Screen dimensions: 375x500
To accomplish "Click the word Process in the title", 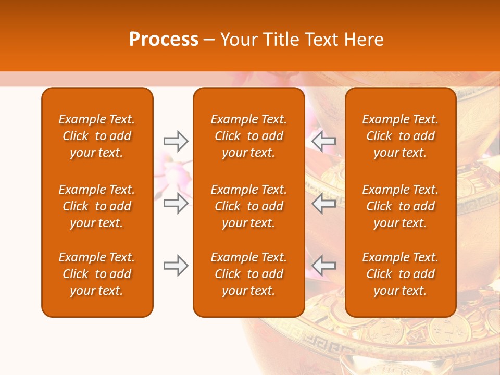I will tap(164, 40).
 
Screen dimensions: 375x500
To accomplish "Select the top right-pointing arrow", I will tap(176, 141).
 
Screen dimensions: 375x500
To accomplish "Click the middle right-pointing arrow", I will tap(176, 203).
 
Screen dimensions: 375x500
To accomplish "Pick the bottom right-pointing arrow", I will tap(176, 266).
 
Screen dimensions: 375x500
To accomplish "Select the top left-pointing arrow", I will tap(323, 141).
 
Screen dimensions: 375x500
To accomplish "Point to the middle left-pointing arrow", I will tap(323, 203).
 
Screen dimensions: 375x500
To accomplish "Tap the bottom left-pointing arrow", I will tap(323, 266).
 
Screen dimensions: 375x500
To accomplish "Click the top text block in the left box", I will tap(97, 136).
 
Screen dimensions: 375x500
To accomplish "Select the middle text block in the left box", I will tap(97, 206).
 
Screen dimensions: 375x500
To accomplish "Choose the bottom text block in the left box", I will tap(97, 274).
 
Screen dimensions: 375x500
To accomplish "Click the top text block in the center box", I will tap(249, 136).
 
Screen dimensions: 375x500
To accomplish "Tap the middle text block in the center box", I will tap(249, 206).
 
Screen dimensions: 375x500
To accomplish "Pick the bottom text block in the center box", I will tap(249, 274).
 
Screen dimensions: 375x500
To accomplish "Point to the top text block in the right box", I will tap(401, 136).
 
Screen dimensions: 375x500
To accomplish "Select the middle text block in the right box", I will tap(401, 206).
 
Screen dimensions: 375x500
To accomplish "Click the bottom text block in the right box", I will tap(401, 274).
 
